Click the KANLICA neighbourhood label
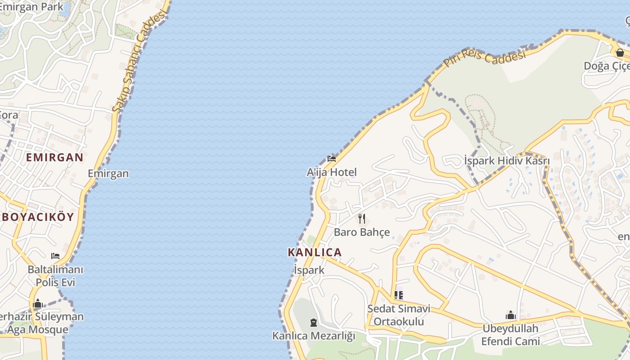tap(315, 252)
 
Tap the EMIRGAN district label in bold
tap(54, 157)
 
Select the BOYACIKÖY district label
tap(38, 217)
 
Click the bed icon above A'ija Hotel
tap(332, 158)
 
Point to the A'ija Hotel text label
tap(332, 172)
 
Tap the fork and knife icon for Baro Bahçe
tap(362, 219)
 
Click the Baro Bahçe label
tap(362, 232)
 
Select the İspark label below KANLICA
tap(309, 270)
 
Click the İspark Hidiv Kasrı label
tap(507, 161)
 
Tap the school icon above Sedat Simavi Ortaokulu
tap(399, 295)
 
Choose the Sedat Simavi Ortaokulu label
tap(399, 315)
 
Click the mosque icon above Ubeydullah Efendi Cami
tap(510, 315)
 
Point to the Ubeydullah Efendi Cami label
tap(510, 335)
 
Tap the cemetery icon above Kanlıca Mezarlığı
tap(314, 322)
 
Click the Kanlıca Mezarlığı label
tap(314, 336)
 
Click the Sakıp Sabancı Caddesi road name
tap(139, 61)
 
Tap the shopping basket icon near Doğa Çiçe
tap(620, 53)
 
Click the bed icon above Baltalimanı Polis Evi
tap(55, 256)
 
